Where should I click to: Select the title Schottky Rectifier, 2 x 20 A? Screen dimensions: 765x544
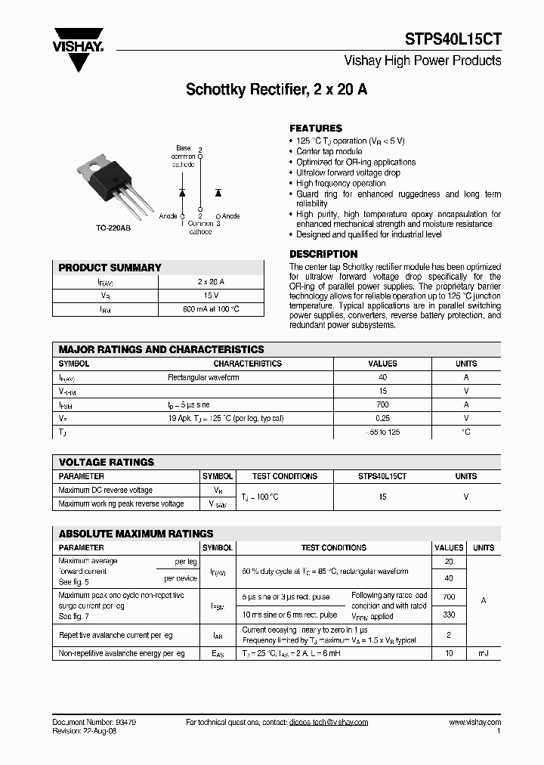point(277,89)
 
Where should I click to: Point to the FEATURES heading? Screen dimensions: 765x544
point(316,129)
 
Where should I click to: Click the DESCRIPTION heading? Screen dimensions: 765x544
point(323,254)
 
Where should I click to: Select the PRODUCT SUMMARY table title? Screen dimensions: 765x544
point(110,268)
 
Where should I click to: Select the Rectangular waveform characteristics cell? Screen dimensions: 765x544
point(203,377)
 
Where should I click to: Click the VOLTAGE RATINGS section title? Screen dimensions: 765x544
point(107,462)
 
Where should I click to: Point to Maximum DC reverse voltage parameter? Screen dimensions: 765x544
point(105,490)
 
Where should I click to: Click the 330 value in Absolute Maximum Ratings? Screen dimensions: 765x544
point(449,615)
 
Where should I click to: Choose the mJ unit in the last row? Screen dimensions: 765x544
point(483,652)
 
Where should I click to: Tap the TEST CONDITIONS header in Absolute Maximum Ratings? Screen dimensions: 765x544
point(333,547)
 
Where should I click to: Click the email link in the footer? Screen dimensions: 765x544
point(328,723)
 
